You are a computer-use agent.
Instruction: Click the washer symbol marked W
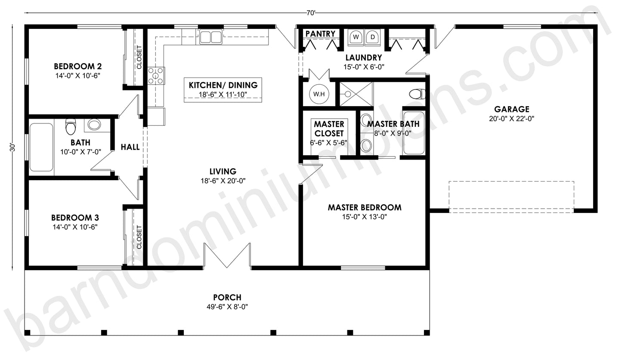pos(356,37)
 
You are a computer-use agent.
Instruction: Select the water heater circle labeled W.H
pos(319,94)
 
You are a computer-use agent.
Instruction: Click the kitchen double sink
pos(211,37)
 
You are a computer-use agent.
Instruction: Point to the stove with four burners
pos(156,75)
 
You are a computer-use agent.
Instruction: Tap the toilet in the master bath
pos(417,93)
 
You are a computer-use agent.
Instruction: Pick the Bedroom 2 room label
pos(78,67)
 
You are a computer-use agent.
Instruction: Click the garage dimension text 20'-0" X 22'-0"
pos(511,119)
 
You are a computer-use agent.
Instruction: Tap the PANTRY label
pos(320,34)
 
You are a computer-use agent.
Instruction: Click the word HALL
pos(130,147)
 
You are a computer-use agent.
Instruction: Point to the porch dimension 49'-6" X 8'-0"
pos(227,307)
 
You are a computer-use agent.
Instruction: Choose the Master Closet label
pos(329,129)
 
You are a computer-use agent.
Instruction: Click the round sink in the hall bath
pos(94,125)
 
